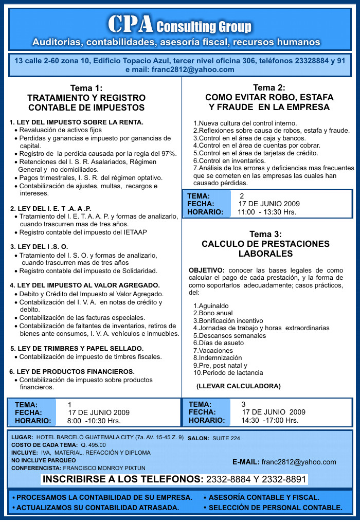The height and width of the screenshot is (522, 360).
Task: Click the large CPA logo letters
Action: click(x=130, y=24)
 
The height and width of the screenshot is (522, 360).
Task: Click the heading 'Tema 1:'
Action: click(x=86, y=88)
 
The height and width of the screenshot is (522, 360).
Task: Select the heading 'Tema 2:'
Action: click(x=269, y=87)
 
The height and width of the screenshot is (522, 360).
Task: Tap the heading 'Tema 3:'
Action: click(x=265, y=234)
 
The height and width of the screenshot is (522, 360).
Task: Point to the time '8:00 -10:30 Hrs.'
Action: click(x=94, y=421)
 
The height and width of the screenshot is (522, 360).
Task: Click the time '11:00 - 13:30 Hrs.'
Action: click(x=267, y=212)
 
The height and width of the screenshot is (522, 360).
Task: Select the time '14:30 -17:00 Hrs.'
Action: click(x=269, y=420)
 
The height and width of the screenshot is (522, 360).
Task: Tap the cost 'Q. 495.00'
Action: click(x=93, y=445)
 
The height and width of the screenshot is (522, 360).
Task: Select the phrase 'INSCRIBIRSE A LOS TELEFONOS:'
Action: click(x=123, y=480)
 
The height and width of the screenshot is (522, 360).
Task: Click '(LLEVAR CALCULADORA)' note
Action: click(x=238, y=386)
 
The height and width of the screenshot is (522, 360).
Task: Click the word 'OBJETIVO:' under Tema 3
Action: click(x=207, y=270)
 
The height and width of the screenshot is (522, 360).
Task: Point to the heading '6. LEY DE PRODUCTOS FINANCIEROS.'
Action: click(x=72, y=371)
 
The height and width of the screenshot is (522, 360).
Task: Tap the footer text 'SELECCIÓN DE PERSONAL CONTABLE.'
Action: click(x=275, y=508)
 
